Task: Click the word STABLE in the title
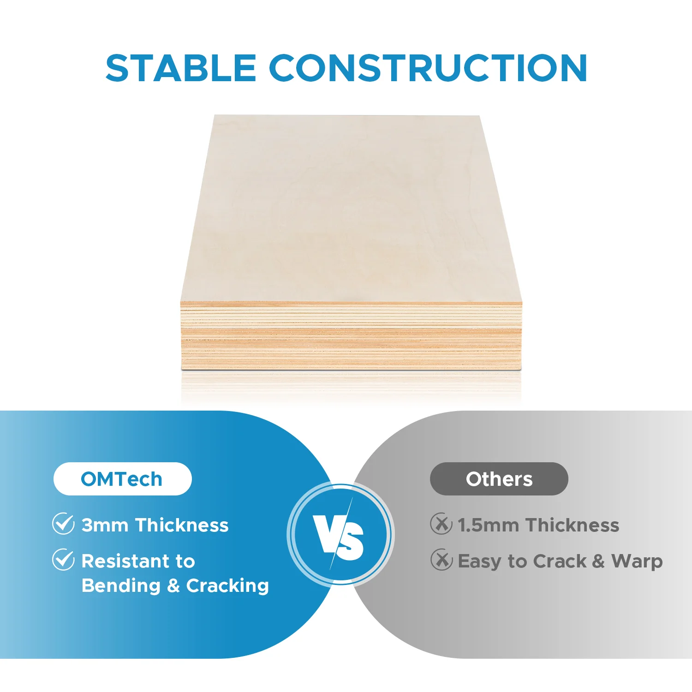pyautogui.click(x=181, y=68)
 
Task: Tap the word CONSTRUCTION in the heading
pyautogui.click(x=428, y=68)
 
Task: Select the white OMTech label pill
pyautogui.click(x=122, y=479)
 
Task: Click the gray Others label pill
pyautogui.click(x=499, y=479)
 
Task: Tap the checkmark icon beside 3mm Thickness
pyautogui.click(x=63, y=524)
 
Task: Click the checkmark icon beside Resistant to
pyautogui.click(x=63, y=560)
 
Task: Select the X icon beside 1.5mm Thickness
pyautogui.click(x=441, y=524)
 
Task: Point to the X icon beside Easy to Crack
pyautogui.click(x=441, y=560)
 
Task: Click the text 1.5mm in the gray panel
pyautogui.click(x=488, y=525)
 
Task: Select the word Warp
pyautogui.click(x=637, y=561)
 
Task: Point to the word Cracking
pyautogui.click(x=227, y=586)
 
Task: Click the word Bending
pyautogui.click(x=121, y=586)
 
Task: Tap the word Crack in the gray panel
pyautogui.click(x=560, y=561)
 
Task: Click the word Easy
pyautogui.click(x=479, y=561)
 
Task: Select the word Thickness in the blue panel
pyautogui.click(x=182, y=525)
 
